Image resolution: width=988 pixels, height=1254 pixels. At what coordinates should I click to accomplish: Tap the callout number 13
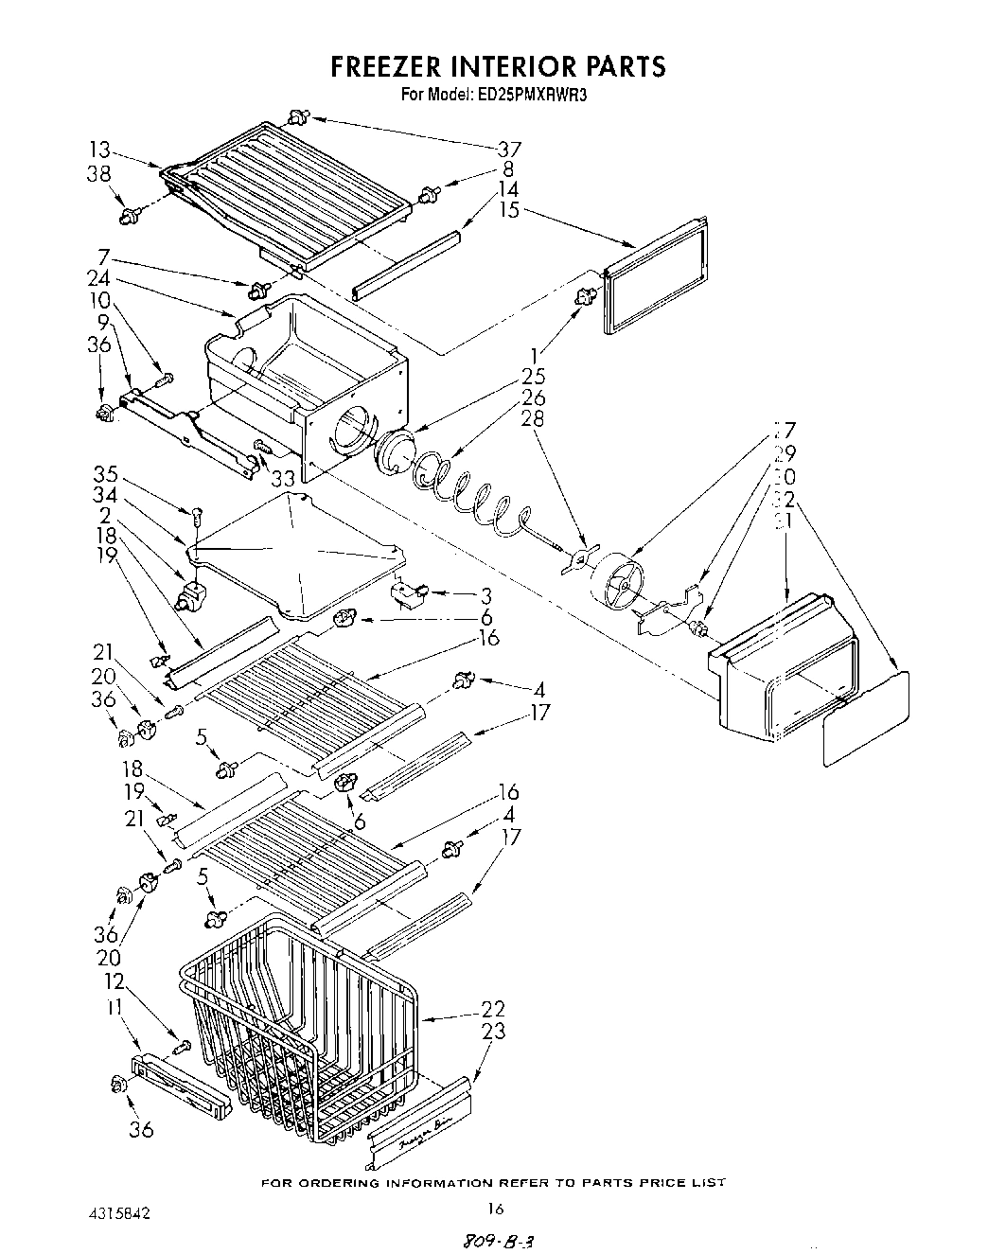click(x=100, y=150)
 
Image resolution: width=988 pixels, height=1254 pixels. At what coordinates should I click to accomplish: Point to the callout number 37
click(x=510, y=149)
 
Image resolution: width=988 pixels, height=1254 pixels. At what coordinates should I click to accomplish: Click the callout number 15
click(x=510, y=210)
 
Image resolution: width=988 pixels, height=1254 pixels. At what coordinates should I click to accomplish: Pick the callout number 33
click(x=283, y=479)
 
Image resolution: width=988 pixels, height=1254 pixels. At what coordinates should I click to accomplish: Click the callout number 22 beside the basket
click(x=493, y=1009)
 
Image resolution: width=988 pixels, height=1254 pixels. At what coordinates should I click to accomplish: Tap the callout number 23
click(x=493, y=1032)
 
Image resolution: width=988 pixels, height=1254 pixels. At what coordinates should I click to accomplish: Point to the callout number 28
click(x=533, y=417)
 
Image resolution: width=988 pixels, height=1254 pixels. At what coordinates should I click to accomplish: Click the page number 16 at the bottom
click(x=495, y=1209)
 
